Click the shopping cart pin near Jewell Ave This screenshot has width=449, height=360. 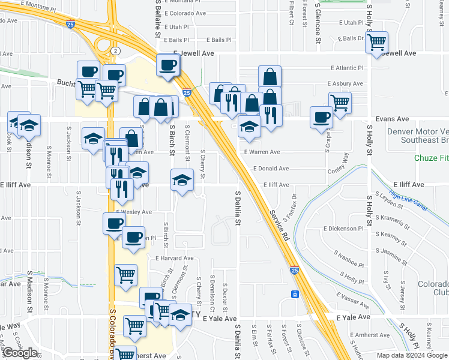tap(376, 43)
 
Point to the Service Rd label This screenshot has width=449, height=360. tap(280, 225)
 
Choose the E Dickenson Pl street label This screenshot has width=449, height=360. tap(343, 229)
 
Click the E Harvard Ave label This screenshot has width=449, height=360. tap(174, 258)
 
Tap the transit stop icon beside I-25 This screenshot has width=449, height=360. tap(295, 294)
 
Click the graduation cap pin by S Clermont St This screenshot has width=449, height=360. tap(181, 180)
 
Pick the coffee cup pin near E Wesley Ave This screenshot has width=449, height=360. tap(113, 224)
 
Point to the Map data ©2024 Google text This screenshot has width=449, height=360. tap(412, 355)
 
